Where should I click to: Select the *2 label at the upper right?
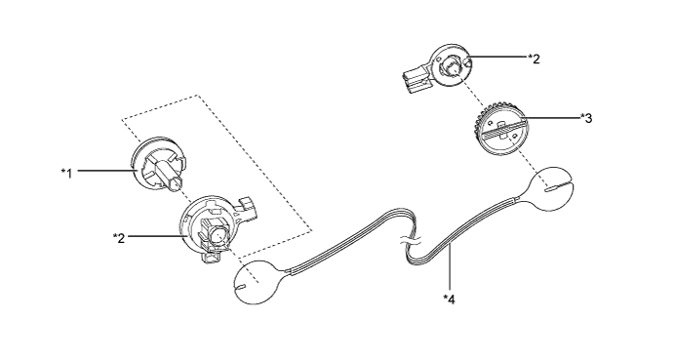(x=534, y=58)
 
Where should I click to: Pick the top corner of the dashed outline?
(x=199, y=95)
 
